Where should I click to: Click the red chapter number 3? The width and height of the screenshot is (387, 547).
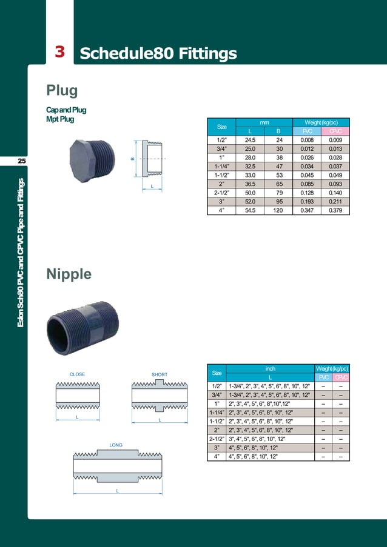(x=60, y=52)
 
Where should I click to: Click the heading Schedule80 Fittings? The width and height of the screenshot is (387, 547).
(x=158, y=53)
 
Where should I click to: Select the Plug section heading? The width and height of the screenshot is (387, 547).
(x=62, y=91)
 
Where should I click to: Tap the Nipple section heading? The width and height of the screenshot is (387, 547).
(x=69, y=274)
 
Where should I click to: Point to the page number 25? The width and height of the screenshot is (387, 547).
(x=21, y=161)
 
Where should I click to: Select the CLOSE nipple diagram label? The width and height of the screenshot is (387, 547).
(x=77, y=374)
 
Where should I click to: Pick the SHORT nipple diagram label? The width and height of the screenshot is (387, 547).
(x=160, y=374)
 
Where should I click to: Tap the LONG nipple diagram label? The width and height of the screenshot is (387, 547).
(x=116, y=445)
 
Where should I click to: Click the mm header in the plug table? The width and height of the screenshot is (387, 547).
(x=264, y=122)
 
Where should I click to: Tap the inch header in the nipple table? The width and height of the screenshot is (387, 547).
(x=271, y=368)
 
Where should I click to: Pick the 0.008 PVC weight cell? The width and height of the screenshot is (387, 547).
(x=307, y=140)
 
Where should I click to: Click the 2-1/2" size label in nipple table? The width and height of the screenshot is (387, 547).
(x=217, y=439)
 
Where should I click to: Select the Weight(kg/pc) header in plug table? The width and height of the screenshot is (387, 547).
(x=321, y=122)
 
